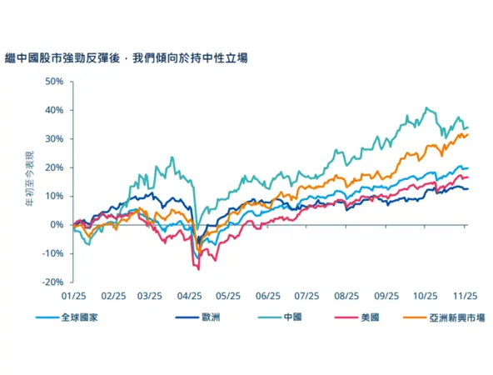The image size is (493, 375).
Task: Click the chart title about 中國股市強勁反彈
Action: coord(127,57)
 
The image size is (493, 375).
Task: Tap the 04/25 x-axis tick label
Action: coord(189,296)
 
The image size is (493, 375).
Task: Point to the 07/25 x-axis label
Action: coord(307,296)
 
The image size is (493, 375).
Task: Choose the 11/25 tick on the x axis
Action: coord(464,296)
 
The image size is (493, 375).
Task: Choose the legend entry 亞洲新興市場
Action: coord(457,317)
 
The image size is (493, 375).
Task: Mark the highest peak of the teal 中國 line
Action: coord(426,107)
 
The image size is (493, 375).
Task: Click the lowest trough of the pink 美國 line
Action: coord(198,269)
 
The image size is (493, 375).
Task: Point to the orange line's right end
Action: coord(468,134)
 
